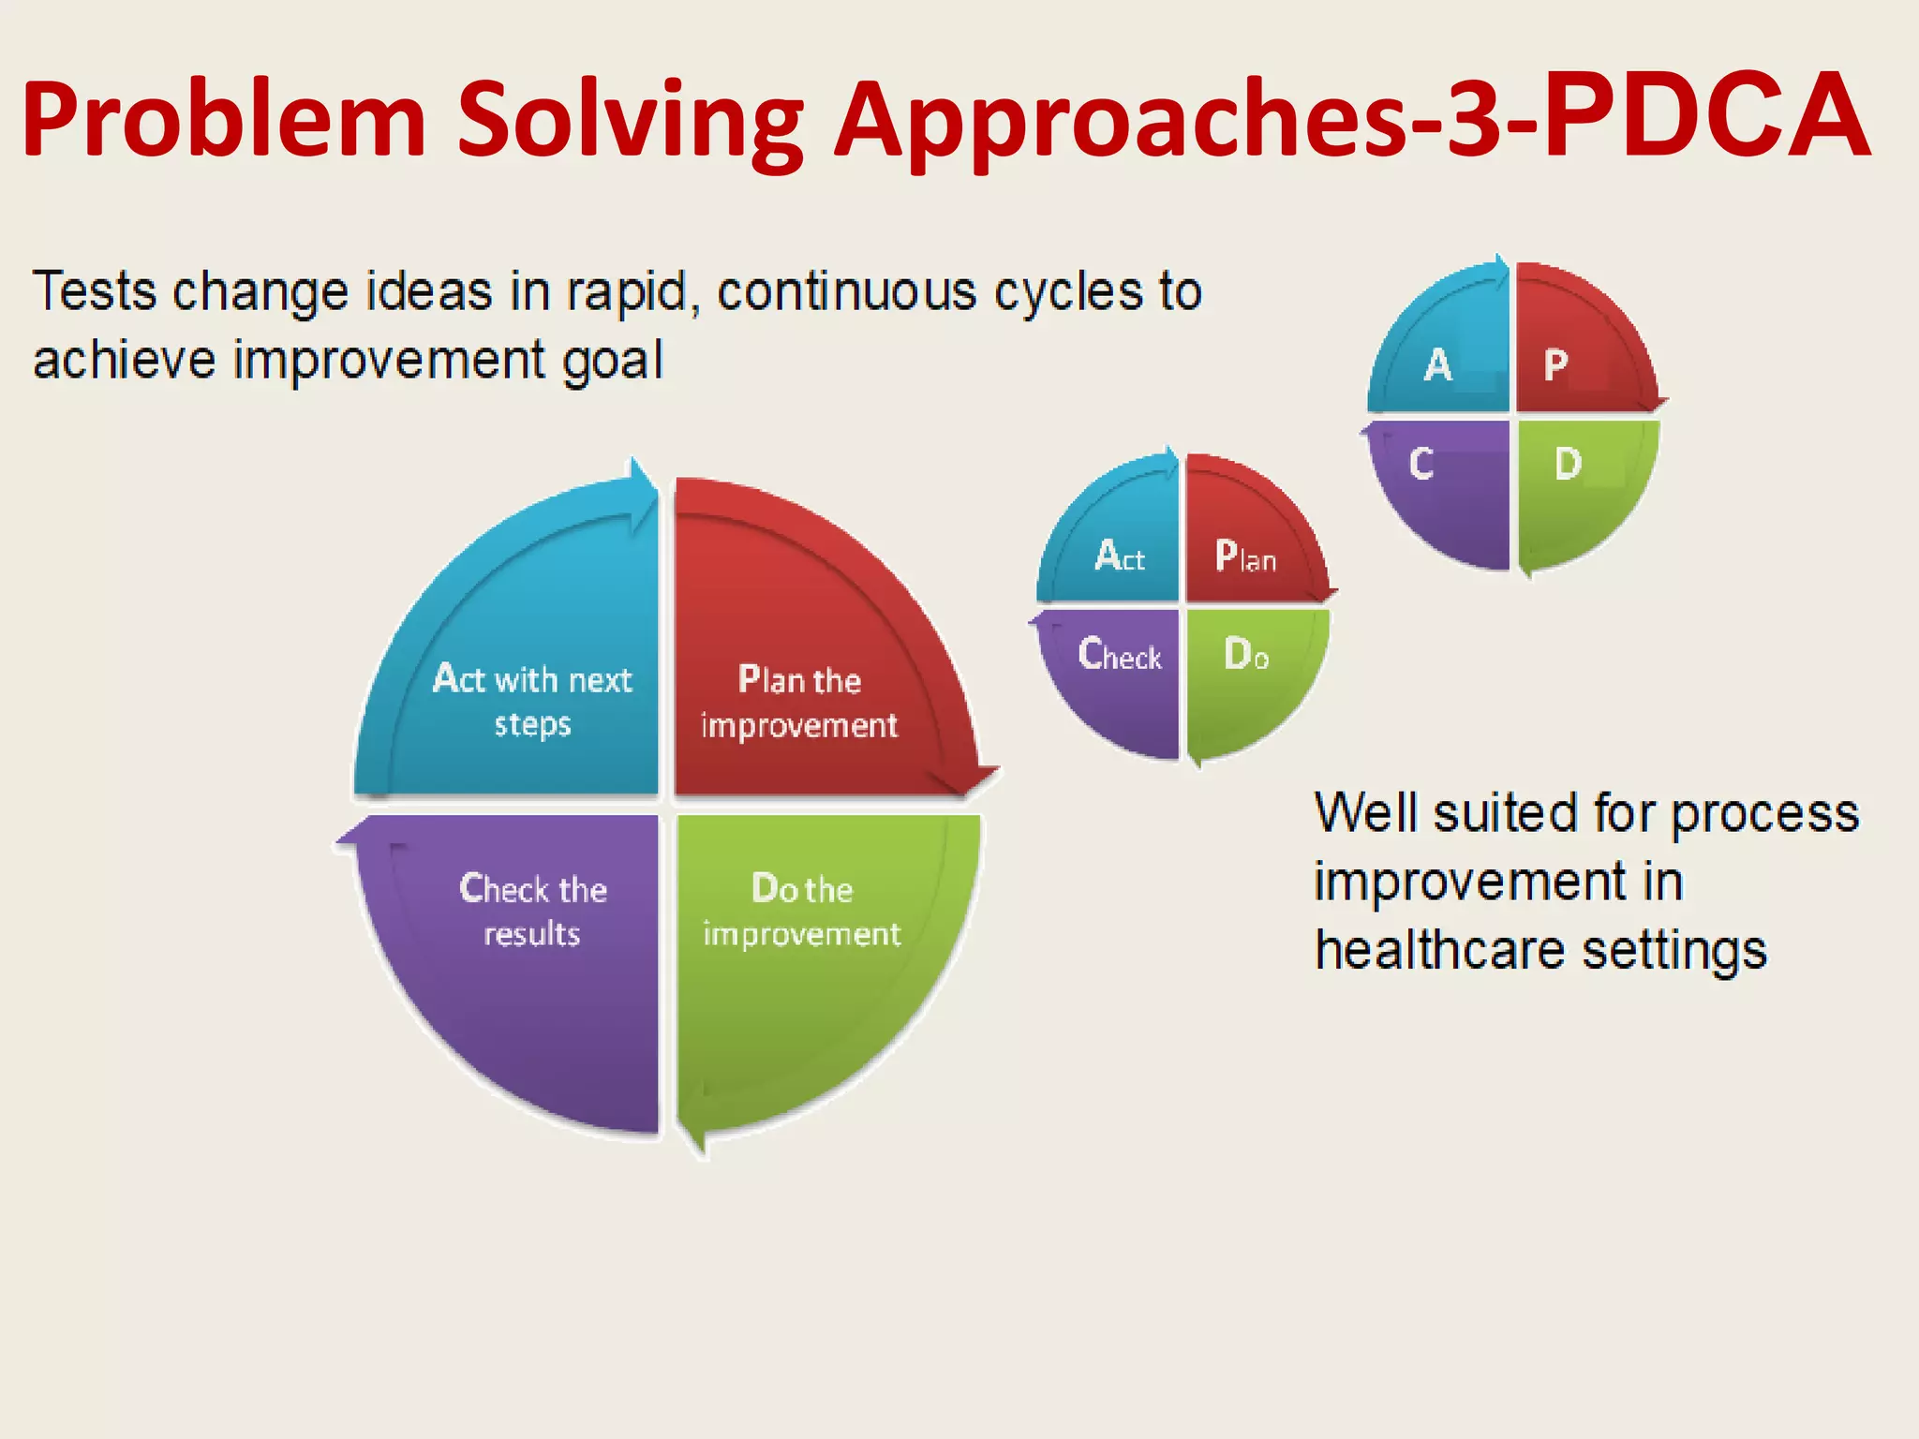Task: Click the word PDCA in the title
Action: pyautogui.click(x=1705, y=117)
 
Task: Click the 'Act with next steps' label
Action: pyautogui.click(x=532, y=700)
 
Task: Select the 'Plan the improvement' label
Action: pyautogui.click(x=799, y=702)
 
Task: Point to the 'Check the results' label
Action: pyautogui.click(x=532, y=910)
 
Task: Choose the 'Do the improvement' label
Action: pyautogui.click(x=802, y=910)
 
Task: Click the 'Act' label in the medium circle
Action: pyautogui.click(x=1120, y=556)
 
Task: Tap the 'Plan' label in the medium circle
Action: pyautogui.click(x=1245, y=557)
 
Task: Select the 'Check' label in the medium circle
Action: pyautogui.click(x=1120, y=654)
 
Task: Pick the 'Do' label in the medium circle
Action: pyautogui.click(x=1246, y=654)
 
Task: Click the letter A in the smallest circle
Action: pyautogui.click(x=1438, y=365)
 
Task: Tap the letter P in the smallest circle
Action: pyautogui.click(x=1555, y=365)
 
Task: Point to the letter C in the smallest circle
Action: pyautogui.click(x=1421, y=464)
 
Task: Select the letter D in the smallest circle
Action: pyautogui.click(x=1568, y=464)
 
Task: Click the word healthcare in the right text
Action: pyautogui.click(x=1439, y=950)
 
